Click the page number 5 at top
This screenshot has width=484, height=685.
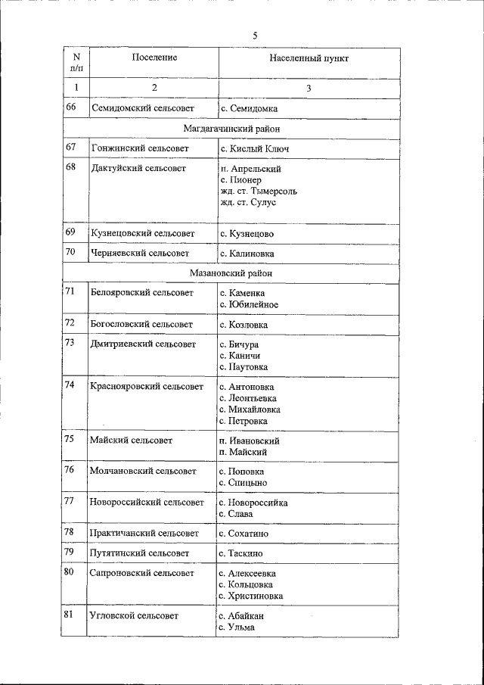click(256, 36)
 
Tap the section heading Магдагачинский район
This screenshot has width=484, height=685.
click(231, 129)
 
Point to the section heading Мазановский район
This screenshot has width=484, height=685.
click(231, 273)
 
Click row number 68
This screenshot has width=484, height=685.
click(71, 167)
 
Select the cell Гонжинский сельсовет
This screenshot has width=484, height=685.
click(139, 149)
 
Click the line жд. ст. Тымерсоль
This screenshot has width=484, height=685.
click(258, 191)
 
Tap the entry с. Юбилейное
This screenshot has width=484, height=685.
click(249, 304)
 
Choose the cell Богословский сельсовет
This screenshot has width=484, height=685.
click(141, 325)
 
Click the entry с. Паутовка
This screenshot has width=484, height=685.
click(244, 367)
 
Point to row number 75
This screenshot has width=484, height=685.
click(70, 439)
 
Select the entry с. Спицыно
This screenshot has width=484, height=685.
click(242, 482)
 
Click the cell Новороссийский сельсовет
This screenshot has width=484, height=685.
click(146, 502)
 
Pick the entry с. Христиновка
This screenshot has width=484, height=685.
click(250, 596)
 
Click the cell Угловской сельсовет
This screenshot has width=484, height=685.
click(134, 616)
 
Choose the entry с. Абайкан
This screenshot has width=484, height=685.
click(241, 616)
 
